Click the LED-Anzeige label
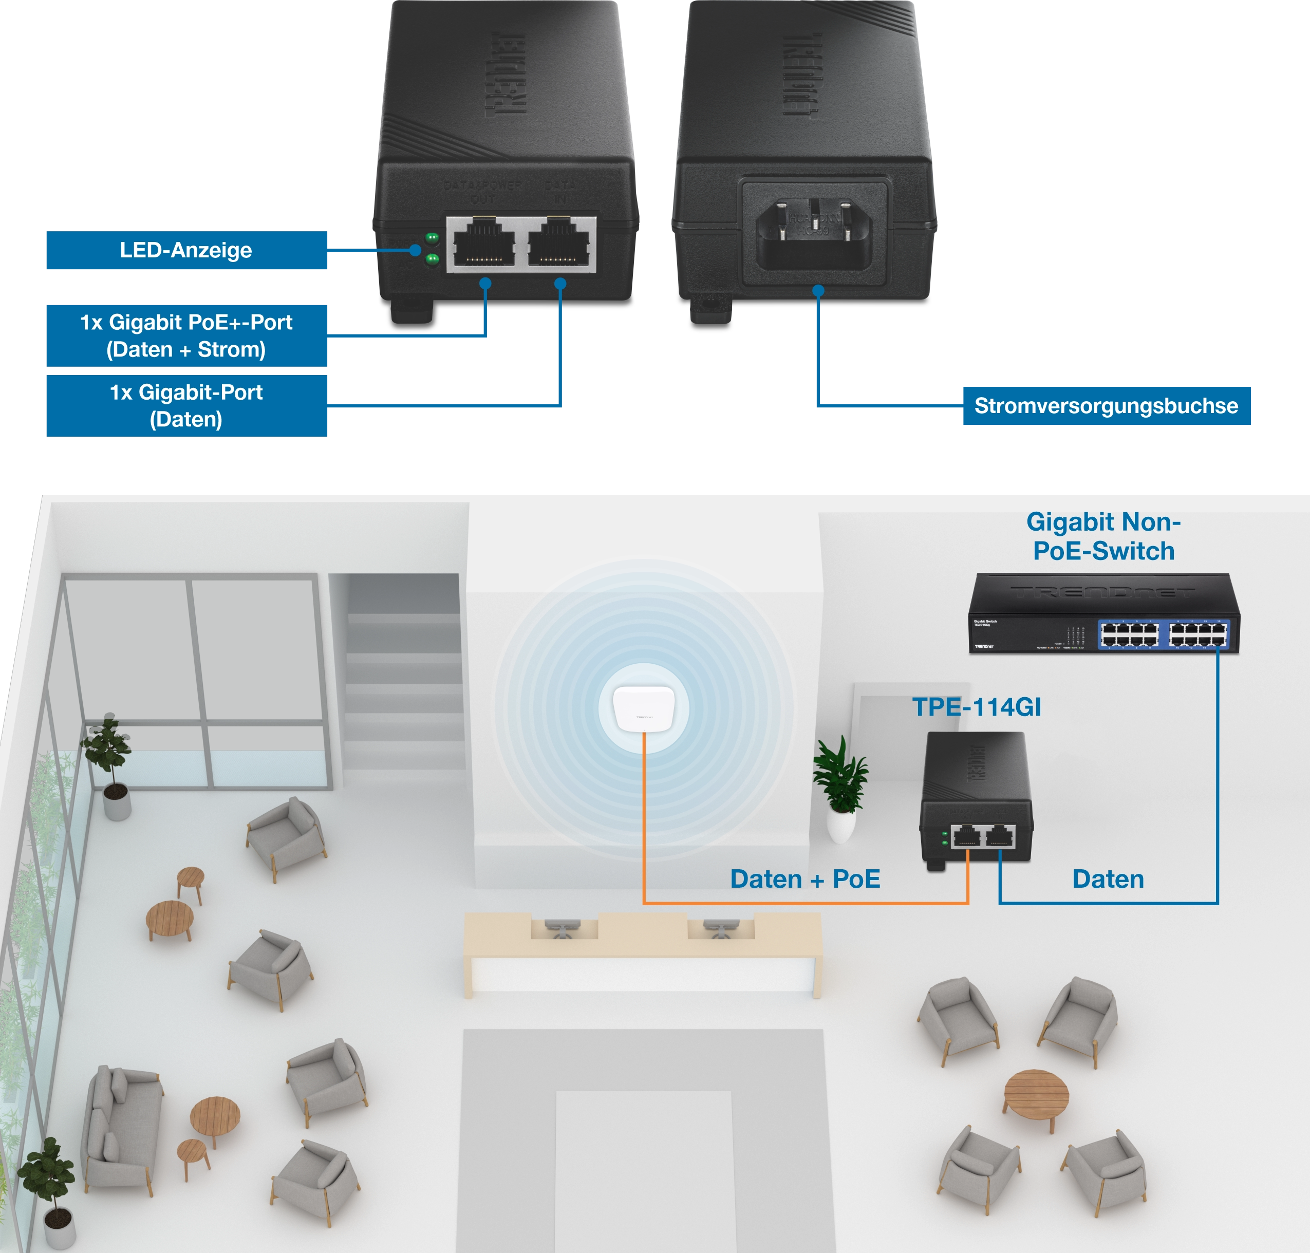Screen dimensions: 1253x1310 (x=185, y=251)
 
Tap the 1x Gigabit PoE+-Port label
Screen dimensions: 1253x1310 (x=185, y=335)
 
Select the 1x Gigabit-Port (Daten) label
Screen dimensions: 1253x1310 (x=185, y=405)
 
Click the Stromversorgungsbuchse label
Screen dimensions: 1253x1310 (x=1106, y=406)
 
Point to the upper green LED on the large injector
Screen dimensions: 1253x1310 (x=432, y=237)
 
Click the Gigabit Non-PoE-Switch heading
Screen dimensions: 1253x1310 (x=1103, y=536)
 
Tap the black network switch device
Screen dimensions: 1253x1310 (x=1103, y=613)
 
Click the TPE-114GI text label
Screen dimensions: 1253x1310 (x=977, y=707)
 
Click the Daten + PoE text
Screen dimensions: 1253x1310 (x=805, y=879)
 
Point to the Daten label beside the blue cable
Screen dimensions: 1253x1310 (x=1108, y=879)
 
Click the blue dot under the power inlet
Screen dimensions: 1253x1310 (x=818, y=291)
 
